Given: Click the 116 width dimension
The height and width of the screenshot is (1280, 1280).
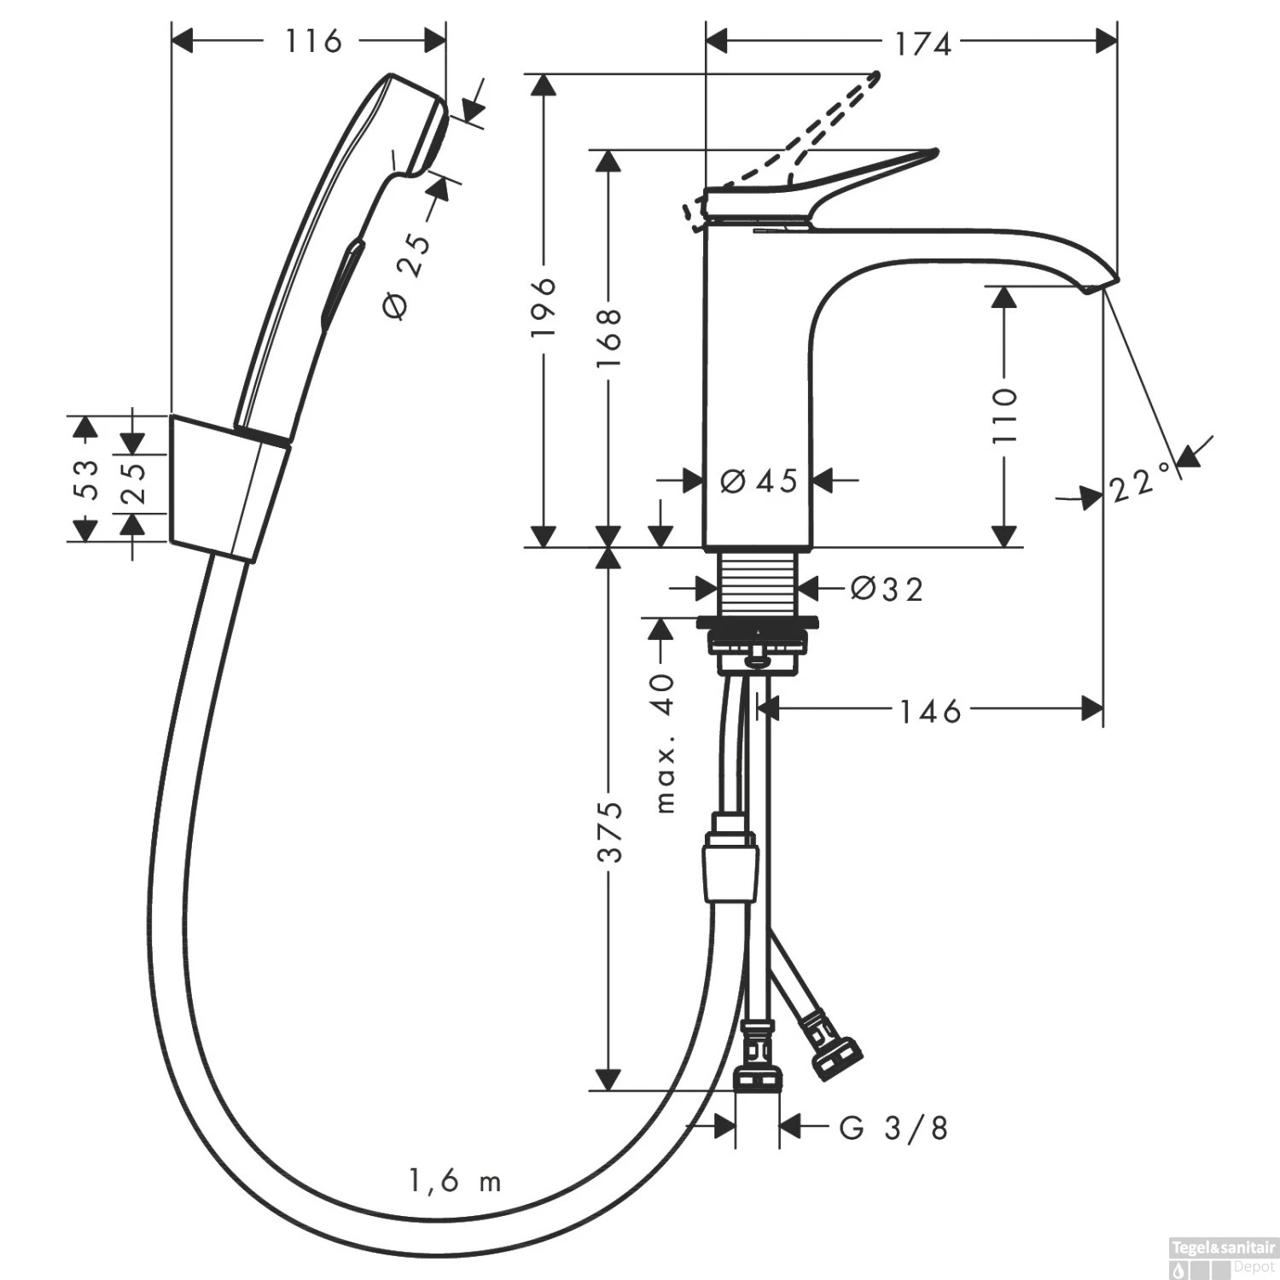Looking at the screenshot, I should click(312, 40).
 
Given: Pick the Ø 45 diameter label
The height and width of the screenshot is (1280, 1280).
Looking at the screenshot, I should click(759, 481).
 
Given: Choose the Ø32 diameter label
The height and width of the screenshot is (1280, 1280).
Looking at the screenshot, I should click(887, 589).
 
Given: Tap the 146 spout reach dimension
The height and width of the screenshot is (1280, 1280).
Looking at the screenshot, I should click(930, 711).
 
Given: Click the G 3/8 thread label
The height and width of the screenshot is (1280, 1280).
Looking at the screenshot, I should click(893, 1128).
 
